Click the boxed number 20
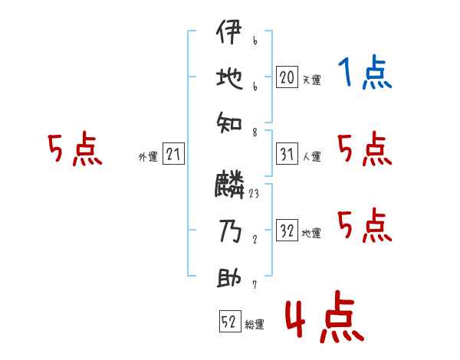(x=287, y=77)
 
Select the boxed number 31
(x=287, y=155)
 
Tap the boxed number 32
(x=287, y=231)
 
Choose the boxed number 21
(x=173, y=155)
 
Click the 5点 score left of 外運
(x=74, y=149)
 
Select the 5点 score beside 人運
(x=364, y=149)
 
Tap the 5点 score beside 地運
(x=364, y=225)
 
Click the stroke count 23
(x=254, y=194)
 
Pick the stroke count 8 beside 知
(x=254, y=133)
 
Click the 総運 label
(x=255, y=325)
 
